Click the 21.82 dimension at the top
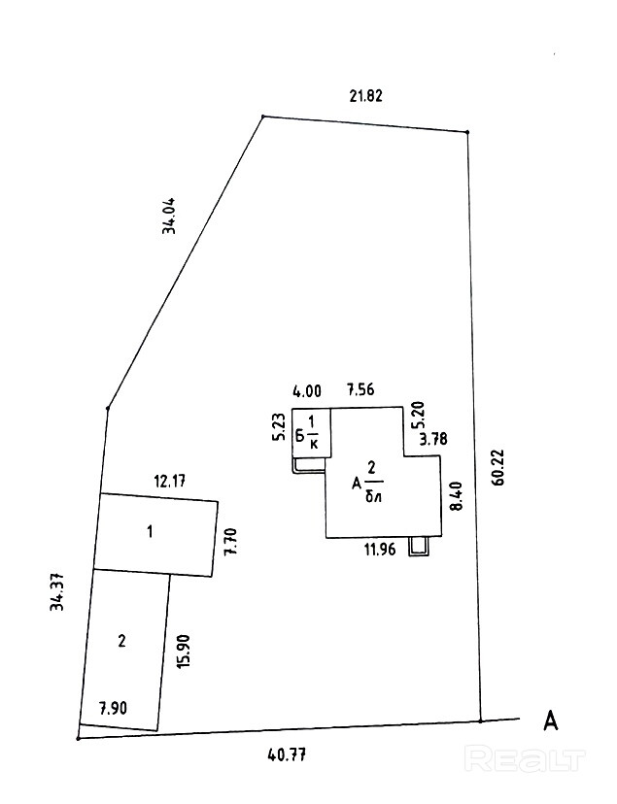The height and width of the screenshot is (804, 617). [365, 96]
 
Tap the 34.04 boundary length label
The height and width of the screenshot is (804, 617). [169, 216]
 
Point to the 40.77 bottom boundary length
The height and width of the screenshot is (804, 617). [288, 754]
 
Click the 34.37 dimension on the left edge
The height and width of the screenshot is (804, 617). [57, 591]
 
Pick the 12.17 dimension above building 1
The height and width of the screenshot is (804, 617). [170, 482]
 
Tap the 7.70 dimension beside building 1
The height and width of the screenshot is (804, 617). [231, 542]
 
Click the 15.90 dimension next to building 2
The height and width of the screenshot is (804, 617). [184, 651]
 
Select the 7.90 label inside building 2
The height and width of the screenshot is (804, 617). [113, 709]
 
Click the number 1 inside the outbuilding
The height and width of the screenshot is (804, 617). [150, 532]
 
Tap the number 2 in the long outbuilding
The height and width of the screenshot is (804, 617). [121, 641]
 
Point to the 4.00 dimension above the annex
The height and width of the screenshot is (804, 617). [307, 391]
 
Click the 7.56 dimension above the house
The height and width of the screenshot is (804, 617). [360, 389]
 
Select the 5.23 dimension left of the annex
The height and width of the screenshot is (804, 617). [280, 427]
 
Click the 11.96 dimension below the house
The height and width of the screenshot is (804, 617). [380, 550]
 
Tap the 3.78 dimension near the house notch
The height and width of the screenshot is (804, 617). [433, 440]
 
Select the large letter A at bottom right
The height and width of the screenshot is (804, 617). [550, 720]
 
